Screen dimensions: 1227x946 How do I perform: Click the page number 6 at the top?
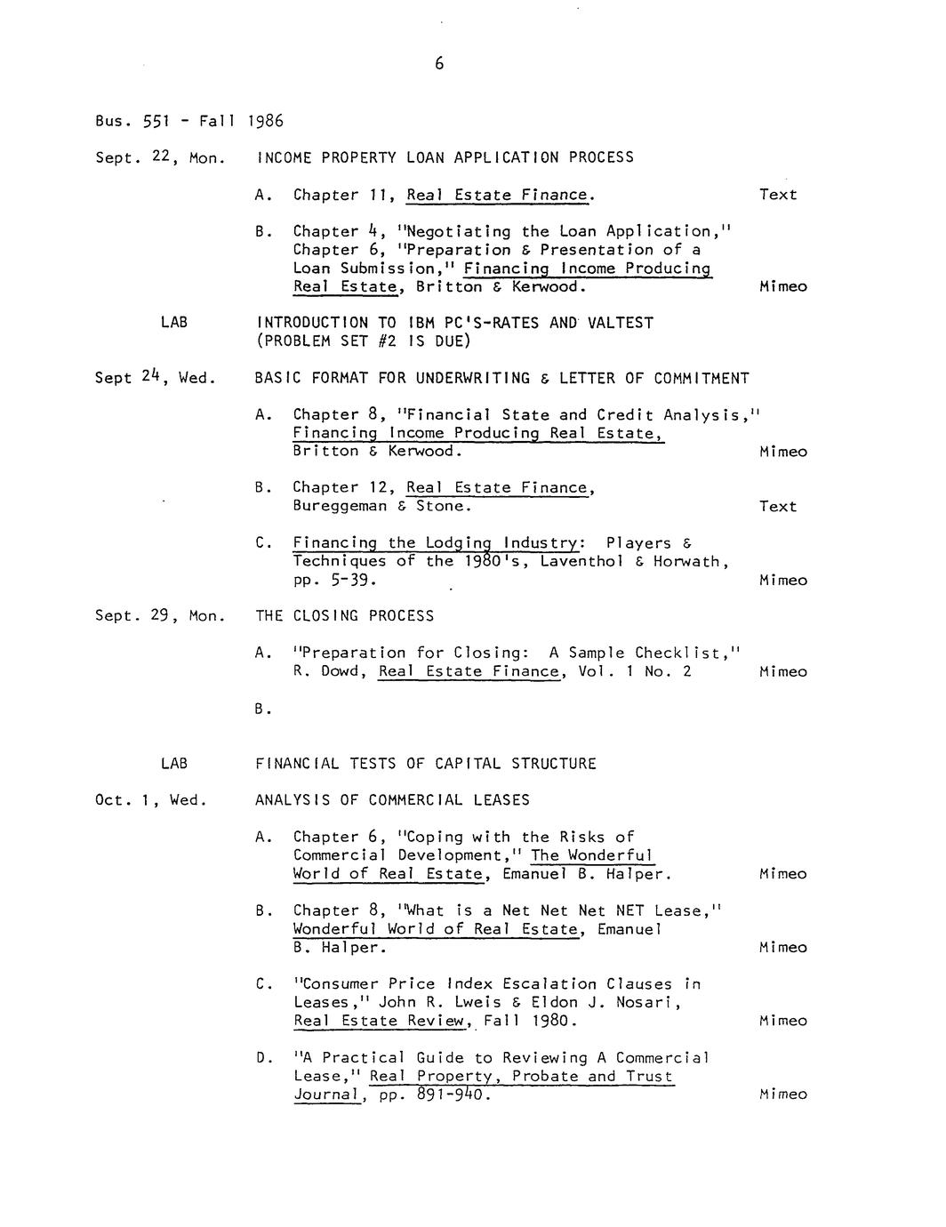tap(439, 64)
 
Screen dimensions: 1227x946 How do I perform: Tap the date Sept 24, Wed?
tap(155, 378)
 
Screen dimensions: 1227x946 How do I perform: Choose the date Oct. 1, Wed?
tap(150, 800)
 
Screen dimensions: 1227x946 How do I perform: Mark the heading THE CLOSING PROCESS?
tap(344, 616)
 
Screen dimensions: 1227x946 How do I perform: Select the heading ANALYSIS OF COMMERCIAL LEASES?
tap(392, 800)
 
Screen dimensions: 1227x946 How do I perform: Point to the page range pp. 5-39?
tap(334, 581)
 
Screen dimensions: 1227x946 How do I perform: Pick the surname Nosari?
tap(649, 1003)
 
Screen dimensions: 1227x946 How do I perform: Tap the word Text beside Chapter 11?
tap(778, 195)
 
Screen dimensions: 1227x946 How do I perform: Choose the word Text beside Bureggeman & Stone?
tap(778, 507)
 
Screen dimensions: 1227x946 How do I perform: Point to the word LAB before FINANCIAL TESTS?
tap(174, 764)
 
